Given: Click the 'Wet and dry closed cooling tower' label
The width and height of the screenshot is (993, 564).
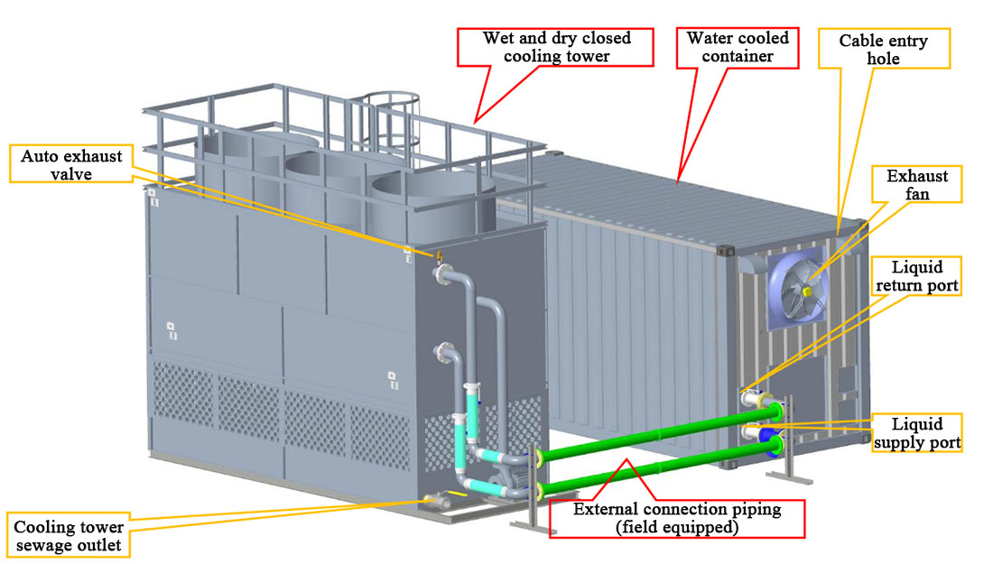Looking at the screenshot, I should point(556,47).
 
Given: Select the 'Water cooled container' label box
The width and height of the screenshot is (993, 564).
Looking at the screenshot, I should point(738,47).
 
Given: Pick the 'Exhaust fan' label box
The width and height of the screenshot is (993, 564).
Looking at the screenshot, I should point(916,185).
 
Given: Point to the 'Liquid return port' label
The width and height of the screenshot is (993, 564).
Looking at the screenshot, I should point(916,278).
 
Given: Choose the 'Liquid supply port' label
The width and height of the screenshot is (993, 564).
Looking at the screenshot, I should point(916,433).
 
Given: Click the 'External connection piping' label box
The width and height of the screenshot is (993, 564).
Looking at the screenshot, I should point(677,518).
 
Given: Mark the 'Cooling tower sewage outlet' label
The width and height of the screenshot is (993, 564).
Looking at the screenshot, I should point(69,535).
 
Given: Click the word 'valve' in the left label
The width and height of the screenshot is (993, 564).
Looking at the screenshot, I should point(71,174).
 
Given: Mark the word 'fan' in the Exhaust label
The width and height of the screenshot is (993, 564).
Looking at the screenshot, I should point(916,194).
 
